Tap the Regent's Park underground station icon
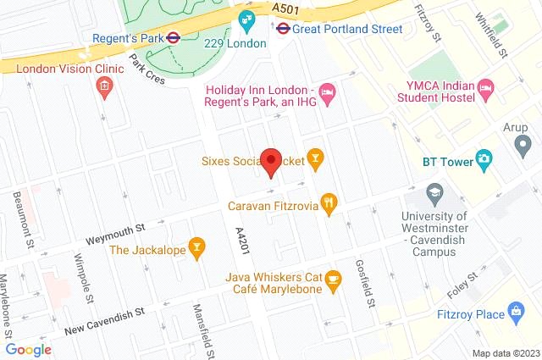(172, 37)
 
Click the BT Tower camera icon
(484, 158)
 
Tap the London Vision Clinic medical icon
(104, 86)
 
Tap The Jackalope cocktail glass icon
(197, 247)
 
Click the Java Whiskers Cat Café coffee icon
(334, 279)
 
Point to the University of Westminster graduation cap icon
(434, 193)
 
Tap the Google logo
(28, 349)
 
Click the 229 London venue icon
(246, 19)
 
